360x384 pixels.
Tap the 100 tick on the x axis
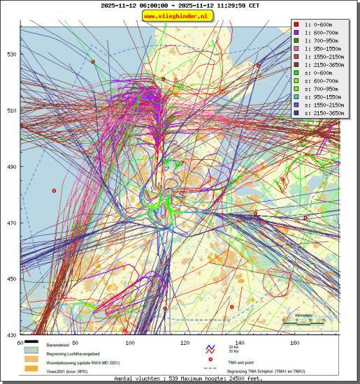point(129,343)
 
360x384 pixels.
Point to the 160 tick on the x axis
point(294,343)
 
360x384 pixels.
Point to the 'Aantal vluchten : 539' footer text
point(141,378)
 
